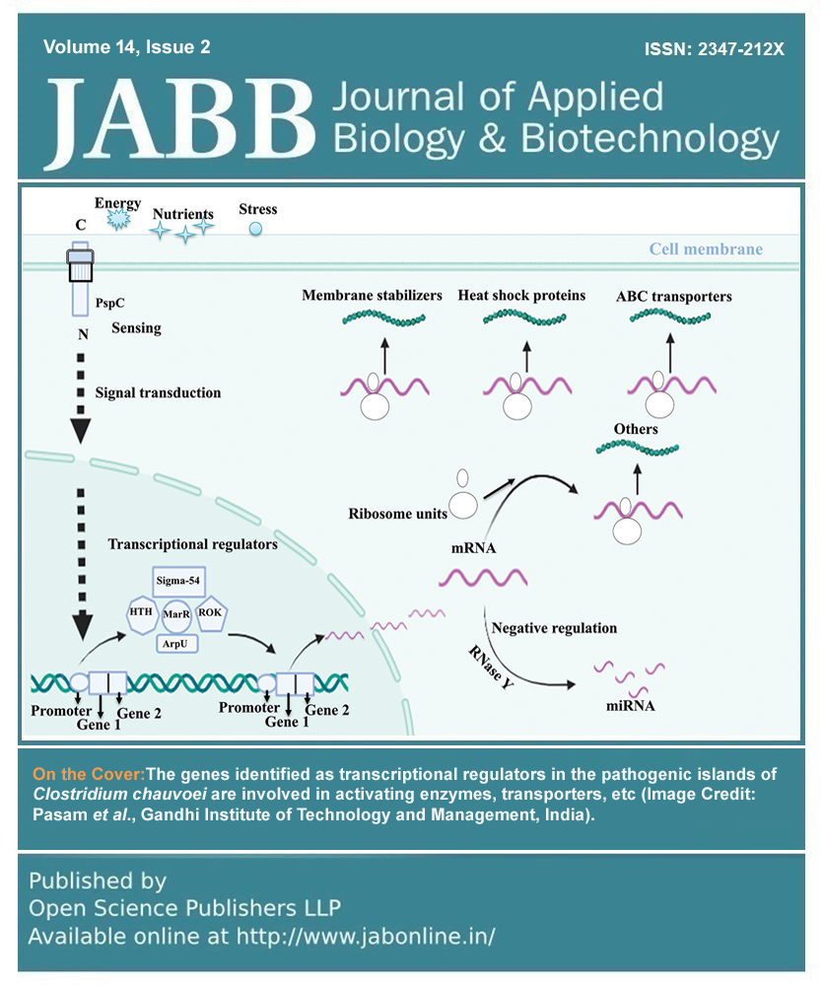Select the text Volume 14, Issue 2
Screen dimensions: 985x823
pyautogui.click(x=127, y=47)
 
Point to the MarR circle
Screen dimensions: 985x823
pyautogui.click(x=176, y=612)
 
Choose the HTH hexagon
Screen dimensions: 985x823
pyautogui.click(x=140, y=611)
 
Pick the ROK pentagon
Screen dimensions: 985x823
pyautogui.click(x=210, y=611)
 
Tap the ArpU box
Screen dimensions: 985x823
pyautogui.click(x=176, y=644)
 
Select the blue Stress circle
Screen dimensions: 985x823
pyautogui.click(x=256, y=230)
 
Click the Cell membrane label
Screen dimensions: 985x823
pyautogui.click(x=705, y=248)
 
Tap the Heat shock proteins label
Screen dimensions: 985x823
pyautogui.click(x=521, y=295)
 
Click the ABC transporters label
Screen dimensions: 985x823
pyautogui.click(x=673, y=296)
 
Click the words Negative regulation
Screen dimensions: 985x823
pyautogui.click(x=554, y=627)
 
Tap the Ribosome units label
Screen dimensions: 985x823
pyautogui.click(x=397, y=513)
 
